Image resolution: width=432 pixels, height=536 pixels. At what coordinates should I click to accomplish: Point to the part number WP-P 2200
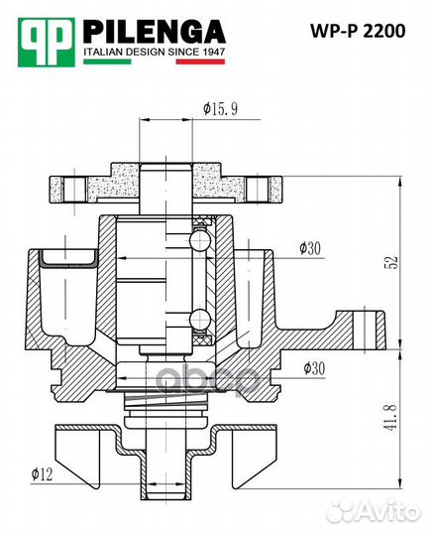[357, 32]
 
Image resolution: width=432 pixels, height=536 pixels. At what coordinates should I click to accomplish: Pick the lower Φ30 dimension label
[309, 368]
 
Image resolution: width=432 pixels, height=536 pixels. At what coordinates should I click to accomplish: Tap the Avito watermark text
[387, 510]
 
